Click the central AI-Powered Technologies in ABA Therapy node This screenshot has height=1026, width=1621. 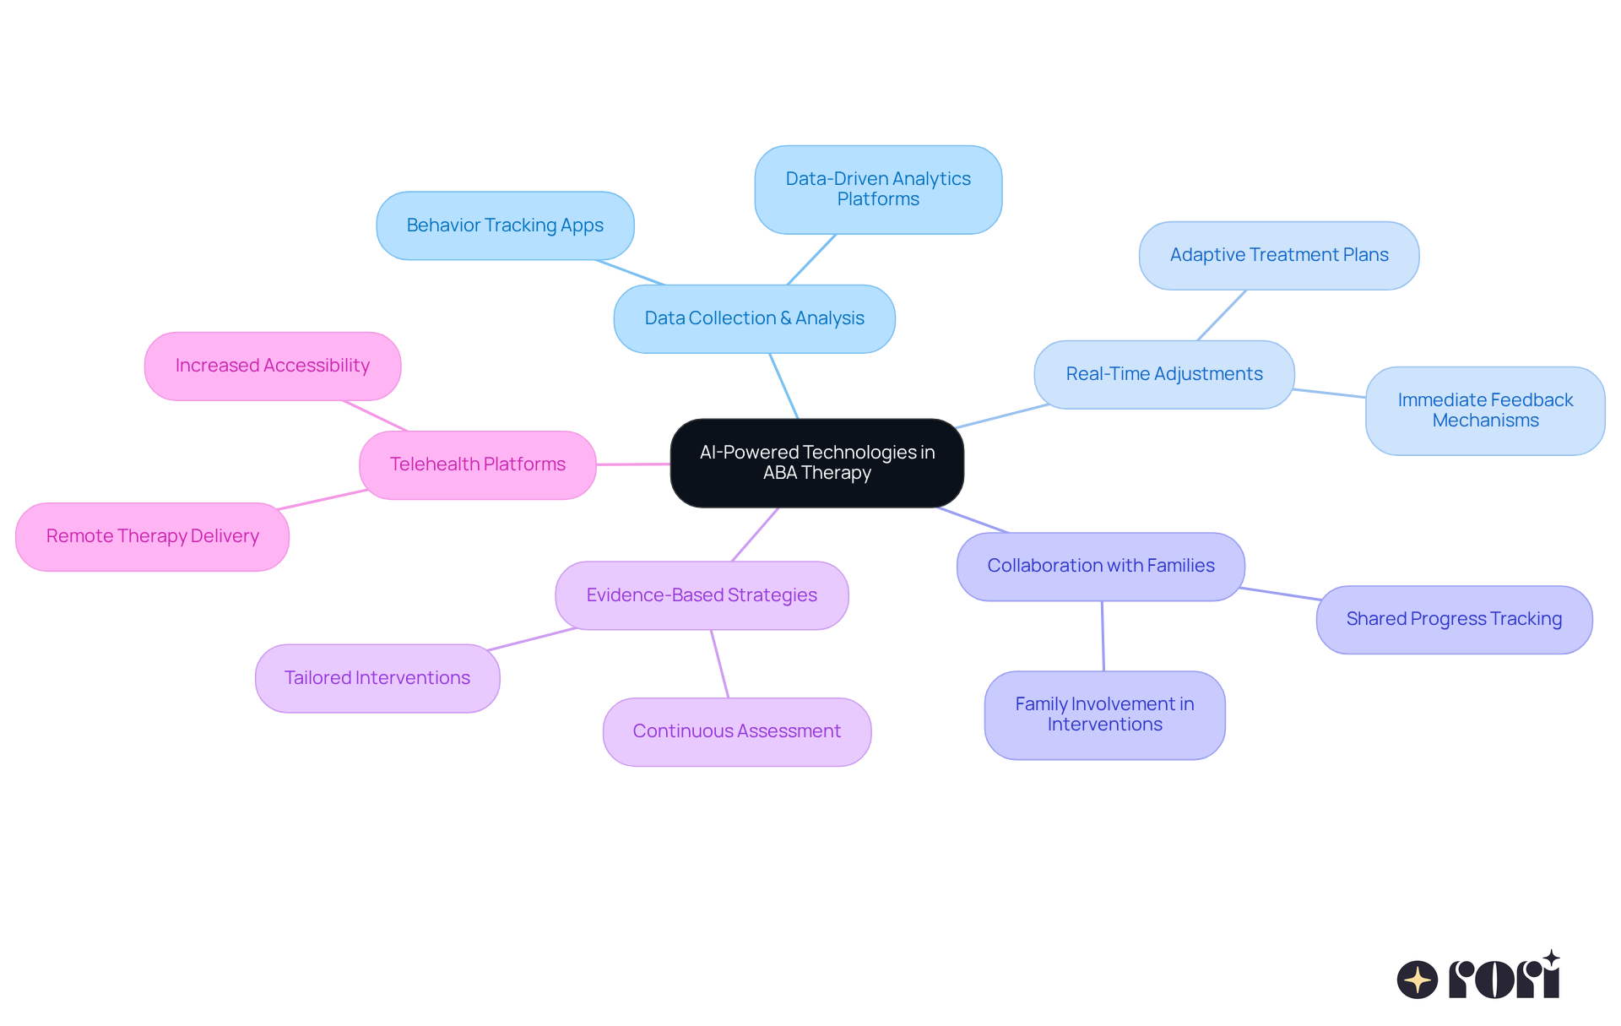point(816,463)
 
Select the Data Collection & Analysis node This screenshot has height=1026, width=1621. point(754,318)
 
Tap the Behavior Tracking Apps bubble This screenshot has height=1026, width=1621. point(505,225)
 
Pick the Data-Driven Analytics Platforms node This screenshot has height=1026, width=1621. point(878,189)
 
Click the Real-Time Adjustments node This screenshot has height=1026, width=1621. point(1163,374)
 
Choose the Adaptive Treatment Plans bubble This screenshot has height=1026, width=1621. point(1278,255)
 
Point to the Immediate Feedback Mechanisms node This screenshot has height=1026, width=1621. point(1484,410)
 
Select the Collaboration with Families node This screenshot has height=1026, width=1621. point(1100,566)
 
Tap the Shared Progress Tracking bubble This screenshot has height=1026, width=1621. point(1453,619)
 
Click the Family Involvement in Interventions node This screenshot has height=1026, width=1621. point(1103,714)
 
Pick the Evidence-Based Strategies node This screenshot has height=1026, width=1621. point(701,595)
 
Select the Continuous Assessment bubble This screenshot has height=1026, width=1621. point(736,731)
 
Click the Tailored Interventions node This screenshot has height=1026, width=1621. point(377,678)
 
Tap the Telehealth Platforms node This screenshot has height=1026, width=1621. point(477,464)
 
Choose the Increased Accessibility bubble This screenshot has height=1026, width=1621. point(272,366)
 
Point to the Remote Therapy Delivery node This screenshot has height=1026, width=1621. point(152,536)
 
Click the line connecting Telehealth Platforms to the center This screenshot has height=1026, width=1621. point(633,464)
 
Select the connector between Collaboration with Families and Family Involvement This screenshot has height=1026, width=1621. point(1103,636)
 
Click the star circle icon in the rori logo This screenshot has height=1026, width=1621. point(1417,980)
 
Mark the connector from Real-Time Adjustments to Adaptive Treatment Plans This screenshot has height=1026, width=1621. point(1221,316)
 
